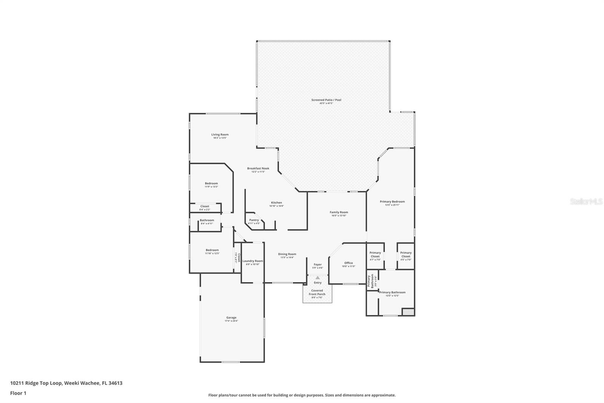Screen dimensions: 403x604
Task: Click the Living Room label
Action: point(220,135)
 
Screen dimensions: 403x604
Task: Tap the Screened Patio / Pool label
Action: point(326,100)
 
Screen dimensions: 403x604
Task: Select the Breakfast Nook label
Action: point(258,168)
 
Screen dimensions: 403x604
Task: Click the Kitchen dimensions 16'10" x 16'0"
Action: point(276,206)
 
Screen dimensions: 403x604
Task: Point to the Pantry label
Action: point(254,220)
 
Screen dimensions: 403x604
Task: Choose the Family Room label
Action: point(339,212)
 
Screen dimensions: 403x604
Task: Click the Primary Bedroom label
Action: point(392,201)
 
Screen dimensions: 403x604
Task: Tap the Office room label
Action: point(348,263)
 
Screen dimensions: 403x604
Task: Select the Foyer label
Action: point(317,265)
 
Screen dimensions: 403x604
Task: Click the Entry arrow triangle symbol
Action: point(317,277)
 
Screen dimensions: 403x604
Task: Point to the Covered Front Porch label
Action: point(317,292)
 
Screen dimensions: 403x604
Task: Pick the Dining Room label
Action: point(287,254)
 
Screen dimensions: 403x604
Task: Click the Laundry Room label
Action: point(253,261)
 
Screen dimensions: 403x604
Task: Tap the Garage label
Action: point(231,318)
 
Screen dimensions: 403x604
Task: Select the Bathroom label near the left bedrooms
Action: point(207,220)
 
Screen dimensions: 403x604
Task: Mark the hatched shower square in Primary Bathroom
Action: point(408,312)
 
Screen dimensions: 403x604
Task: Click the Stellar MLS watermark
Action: point(586,202)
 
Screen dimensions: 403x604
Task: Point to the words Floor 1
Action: point(18,393)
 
